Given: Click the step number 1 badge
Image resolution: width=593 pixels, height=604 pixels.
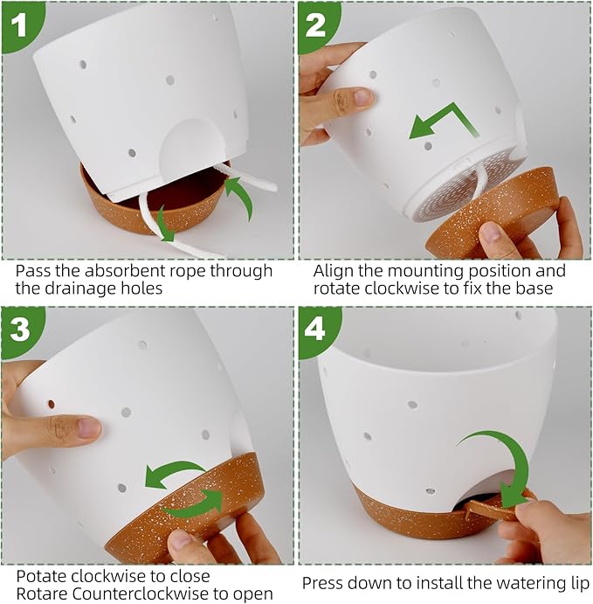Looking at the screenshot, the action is [x=19, y=24].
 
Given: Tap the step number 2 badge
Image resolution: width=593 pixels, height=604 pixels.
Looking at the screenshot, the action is [x=315, y=24].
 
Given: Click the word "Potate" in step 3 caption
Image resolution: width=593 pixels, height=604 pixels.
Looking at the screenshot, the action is [x=42, y=576].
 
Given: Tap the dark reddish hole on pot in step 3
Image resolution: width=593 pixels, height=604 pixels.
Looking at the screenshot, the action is [x=52, y=405].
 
